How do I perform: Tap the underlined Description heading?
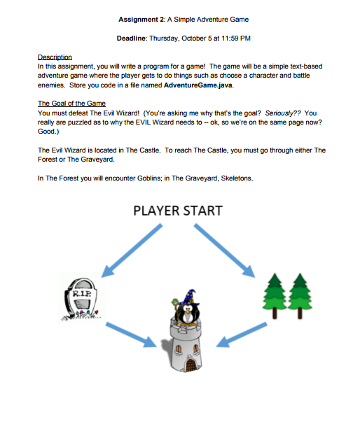55,57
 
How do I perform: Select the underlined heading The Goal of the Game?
71,103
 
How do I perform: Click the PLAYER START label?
178,211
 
